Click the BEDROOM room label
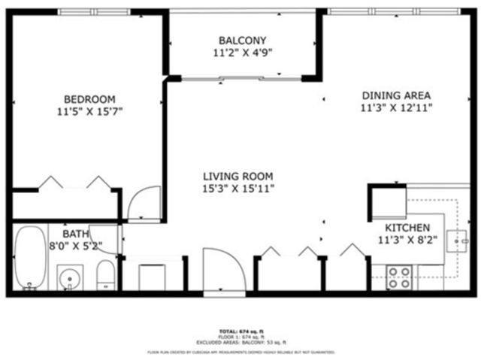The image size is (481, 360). (x=89, y=99)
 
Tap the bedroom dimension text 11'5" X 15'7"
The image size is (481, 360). (x=89, y=112)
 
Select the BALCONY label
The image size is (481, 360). (x=242, y=41)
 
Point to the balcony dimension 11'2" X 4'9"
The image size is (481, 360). (x=242, y=53)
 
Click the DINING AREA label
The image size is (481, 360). (x=396, y=95)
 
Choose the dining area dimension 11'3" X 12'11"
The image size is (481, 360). (x=396, y=108)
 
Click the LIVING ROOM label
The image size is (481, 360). (x=237, y=177)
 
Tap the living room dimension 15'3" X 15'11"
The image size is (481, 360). (x=237, y=189)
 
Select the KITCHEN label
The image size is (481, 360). (x=407, y=228)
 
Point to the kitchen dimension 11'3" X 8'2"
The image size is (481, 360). (x=407, y=241)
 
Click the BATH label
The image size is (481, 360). (x=65, y=234)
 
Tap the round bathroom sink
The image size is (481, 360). (x=70, y=278)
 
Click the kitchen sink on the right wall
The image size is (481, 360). (x=457, y=241)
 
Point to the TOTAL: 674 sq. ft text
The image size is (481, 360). (x=240, y=332)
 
